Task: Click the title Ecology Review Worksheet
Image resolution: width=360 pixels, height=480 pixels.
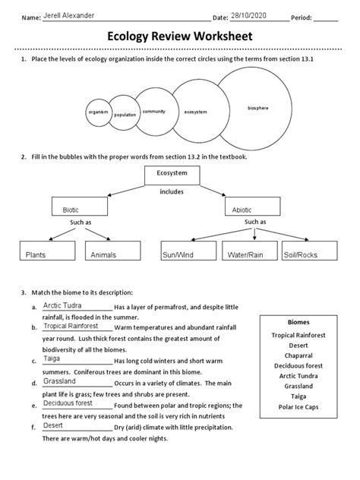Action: coord(180,39)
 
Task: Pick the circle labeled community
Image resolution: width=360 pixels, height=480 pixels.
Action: coord(154,112)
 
